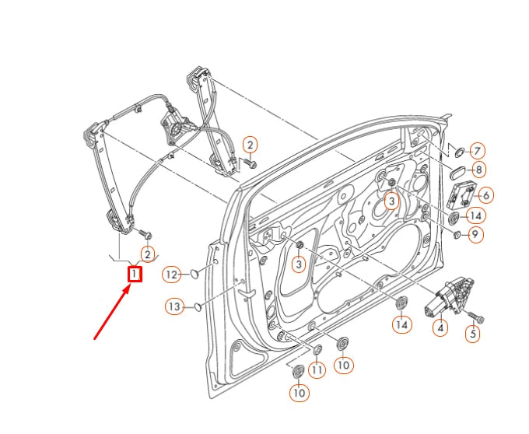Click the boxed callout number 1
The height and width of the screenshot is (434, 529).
coord(135,274)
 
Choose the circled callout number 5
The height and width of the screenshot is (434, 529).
coord(473,334)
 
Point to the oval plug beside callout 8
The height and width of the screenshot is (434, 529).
coord(457,170)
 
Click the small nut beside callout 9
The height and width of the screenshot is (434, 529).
coord(457,234)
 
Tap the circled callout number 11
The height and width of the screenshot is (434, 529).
coord(317,372)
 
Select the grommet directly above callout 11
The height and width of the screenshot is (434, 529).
coord(317,349)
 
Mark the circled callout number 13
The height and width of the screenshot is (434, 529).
coord(173,306)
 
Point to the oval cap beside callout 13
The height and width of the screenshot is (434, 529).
coord(198,306)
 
